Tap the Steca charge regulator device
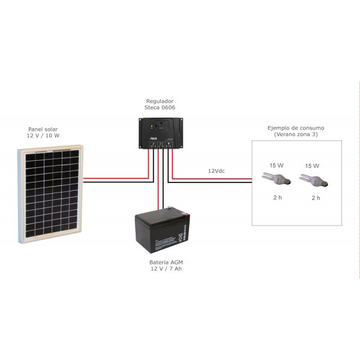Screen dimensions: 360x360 pyautogui.click(x=160, y=133)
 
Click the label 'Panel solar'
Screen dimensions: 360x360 pyautogui.click(x=44, y=129)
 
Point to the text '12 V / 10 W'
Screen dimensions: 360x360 pyautogui.click(x=44, y=136)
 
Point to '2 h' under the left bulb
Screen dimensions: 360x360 pyautogui.click(x=277, y=197)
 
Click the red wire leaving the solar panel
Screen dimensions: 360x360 pyautogui.click(x=114, y=178)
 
